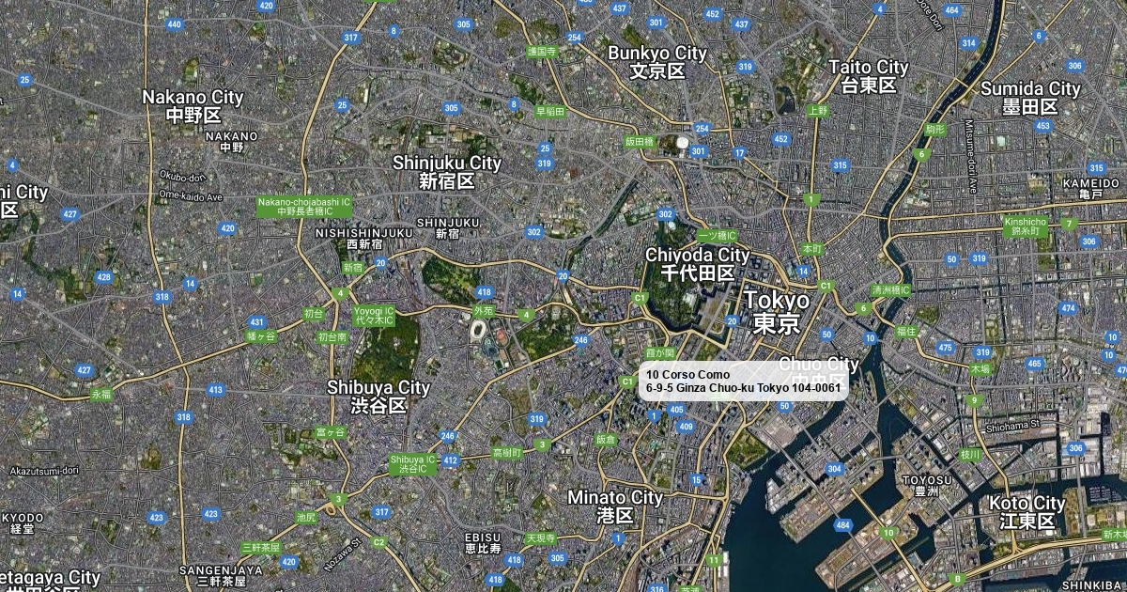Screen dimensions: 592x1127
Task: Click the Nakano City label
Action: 193,105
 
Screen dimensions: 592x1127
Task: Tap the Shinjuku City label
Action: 447,171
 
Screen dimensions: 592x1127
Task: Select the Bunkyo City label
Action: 656,62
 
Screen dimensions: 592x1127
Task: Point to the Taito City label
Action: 869,75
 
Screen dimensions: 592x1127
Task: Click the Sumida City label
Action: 1030,97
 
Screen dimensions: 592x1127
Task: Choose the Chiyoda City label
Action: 697,264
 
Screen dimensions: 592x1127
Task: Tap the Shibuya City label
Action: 378,396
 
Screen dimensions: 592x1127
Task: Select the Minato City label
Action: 615,506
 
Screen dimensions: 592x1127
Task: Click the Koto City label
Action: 1027,512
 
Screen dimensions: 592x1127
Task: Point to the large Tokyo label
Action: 777,311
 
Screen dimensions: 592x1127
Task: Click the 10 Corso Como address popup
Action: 743,382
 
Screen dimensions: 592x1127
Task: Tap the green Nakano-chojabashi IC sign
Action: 304,207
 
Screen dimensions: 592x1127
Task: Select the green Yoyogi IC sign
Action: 374,315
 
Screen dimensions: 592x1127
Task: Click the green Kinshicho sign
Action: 1025,226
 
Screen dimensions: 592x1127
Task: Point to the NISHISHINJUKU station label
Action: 363,238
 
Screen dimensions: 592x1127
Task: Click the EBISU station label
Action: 484,541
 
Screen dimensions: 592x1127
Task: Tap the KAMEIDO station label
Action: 1091,188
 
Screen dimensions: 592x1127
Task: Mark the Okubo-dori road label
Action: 182,176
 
